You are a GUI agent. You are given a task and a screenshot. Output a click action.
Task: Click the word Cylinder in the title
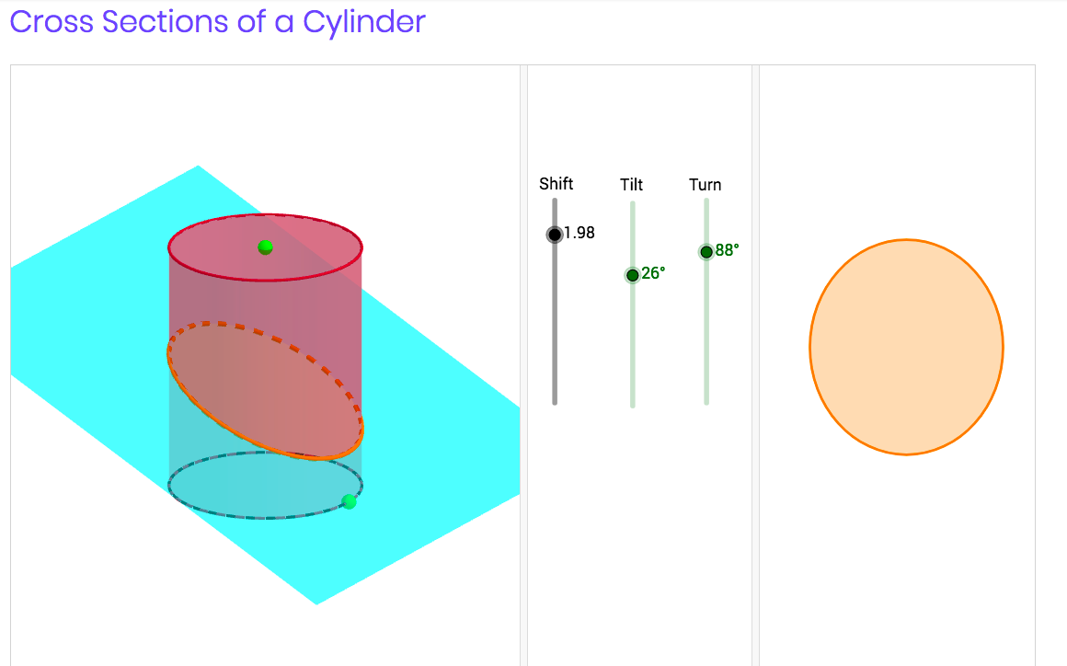[x=364, y=21]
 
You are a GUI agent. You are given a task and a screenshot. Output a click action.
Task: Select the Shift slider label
[x=556, y=184]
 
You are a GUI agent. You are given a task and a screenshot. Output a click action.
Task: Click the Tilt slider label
[x=631, y=185]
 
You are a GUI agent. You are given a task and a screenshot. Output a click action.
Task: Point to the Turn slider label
[x=705, y=185]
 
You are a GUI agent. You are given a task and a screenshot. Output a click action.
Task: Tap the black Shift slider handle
[x=555, y=235]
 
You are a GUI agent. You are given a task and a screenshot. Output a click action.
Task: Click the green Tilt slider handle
[x=632, y=275]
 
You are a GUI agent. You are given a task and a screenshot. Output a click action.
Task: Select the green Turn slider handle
[x=706, y=252]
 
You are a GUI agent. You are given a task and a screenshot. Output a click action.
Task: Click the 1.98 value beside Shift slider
[x=579, y=234]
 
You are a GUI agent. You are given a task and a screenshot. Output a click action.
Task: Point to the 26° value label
[x=653, y=273]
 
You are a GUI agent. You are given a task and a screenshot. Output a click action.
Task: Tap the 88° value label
[x=727, y=250]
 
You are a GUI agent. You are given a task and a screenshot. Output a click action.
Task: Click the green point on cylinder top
[x=265, y=247]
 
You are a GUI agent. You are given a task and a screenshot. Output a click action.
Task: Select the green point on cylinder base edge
[x=349, y=501]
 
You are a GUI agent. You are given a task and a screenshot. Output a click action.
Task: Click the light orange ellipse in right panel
[x=906, y=347]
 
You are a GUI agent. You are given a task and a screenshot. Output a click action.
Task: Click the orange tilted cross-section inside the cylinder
[x=265, y=391]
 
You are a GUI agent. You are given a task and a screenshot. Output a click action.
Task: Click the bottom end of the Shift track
[x=555, y=401]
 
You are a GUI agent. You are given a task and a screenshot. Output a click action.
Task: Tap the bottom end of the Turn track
[x=706, y=401]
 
